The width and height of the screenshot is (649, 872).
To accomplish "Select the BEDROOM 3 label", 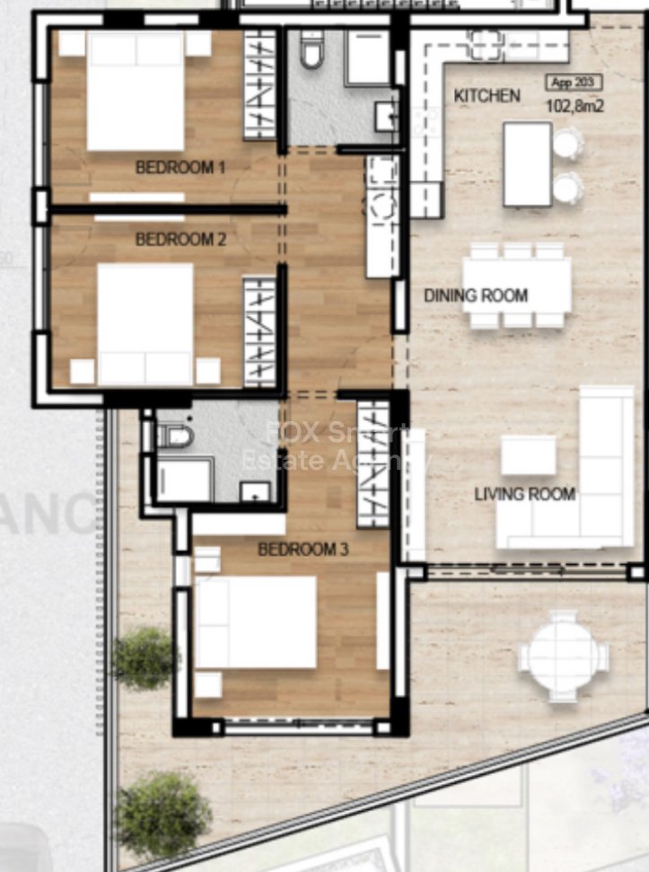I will tap(303, 549).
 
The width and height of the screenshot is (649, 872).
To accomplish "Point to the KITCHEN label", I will tap(487, 96).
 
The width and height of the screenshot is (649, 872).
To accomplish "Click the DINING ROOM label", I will tap(476, 295).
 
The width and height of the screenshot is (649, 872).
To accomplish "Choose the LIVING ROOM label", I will tap(525, 494).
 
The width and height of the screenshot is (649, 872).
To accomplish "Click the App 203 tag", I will tap(574, 84).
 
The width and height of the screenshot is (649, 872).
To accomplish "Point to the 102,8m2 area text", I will tap(574, 106).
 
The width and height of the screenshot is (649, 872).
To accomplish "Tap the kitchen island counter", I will tap(527, 164).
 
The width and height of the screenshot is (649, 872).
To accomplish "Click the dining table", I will tap(517, 286).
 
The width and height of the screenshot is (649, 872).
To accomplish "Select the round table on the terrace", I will tap(563, 656).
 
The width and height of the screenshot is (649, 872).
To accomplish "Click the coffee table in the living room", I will tap(528, 454).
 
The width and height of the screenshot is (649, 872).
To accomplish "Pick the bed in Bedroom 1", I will tap(136, 92).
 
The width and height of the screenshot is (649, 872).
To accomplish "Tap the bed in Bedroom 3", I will tap(255, 622).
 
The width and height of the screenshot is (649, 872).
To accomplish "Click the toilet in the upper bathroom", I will tap(311, 51).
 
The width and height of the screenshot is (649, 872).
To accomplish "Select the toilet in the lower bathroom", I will tap(176, 436).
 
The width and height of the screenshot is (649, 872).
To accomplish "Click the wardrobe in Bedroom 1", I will tap(259, 85).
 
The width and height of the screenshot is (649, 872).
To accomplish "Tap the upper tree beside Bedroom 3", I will tap(144, 658).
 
